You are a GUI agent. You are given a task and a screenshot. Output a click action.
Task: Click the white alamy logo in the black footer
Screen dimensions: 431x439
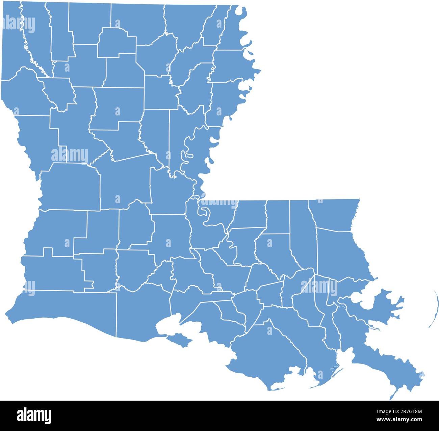tap(34, 415)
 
